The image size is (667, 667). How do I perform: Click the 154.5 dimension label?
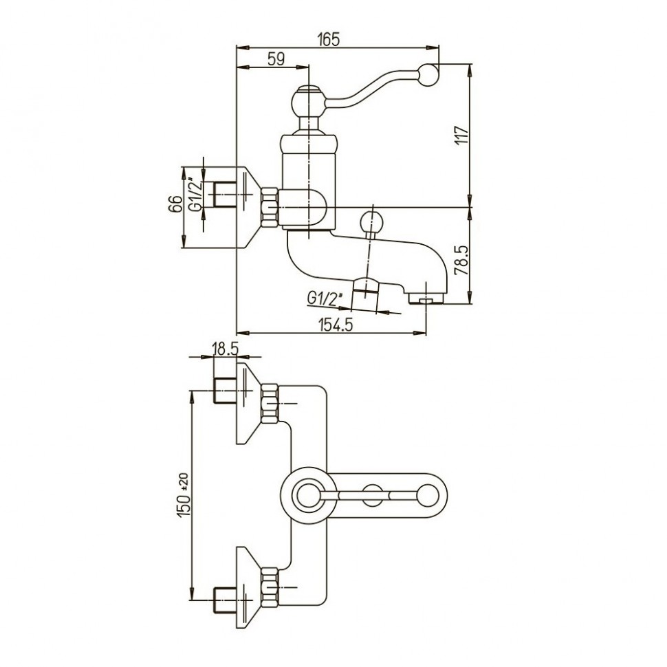(x=336, y=325)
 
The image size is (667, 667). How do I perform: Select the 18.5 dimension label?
(x=225, y=349)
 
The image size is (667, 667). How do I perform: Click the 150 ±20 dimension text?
(x=183, y=495)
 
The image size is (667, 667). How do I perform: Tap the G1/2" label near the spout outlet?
(x=320, y=298)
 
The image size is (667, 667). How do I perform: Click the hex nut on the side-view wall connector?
(x=269, y=207)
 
